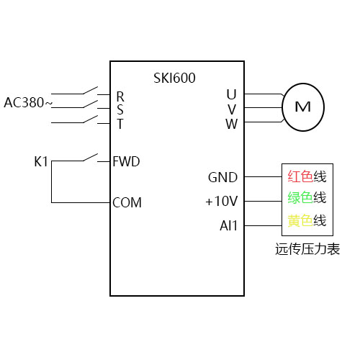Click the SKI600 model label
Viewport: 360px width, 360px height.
point(174,78)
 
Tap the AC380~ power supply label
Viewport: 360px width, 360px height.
point(28,103)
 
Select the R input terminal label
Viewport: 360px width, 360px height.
point(120,96)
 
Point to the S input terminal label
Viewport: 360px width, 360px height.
point(120,109)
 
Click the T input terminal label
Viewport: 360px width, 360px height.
point(120,123)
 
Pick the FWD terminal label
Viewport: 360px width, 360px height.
point(126,161)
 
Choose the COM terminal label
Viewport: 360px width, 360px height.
point(127,202)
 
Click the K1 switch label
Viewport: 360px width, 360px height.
point(41,161)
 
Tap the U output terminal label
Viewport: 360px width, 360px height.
point(231,94)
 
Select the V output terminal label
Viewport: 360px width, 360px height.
point(231,109)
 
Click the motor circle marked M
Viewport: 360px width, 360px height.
point(303,107)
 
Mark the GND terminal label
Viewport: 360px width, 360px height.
point(222,177)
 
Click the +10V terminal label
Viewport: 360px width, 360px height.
point(222,201)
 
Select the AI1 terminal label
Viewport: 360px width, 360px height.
point(228,225)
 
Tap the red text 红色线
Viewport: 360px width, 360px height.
point(307,176)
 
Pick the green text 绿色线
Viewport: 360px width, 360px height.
point(307,198)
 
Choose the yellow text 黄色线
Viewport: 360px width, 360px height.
point(307,221)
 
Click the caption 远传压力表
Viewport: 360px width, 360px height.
point(307,250)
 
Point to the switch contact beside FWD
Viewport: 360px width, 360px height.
point(89,158)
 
